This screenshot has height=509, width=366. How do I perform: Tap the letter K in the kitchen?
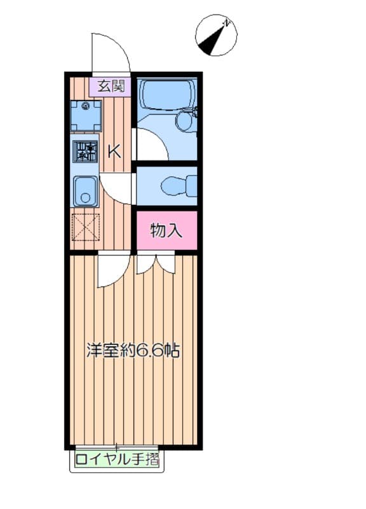point(114,151)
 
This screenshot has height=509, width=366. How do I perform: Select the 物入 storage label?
point(166,230)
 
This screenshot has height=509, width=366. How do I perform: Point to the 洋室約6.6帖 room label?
point(132,350)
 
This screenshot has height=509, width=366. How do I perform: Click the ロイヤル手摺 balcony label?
point(117,459)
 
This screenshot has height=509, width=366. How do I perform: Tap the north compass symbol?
point(213,36)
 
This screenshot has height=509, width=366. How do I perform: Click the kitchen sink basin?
point(85,192)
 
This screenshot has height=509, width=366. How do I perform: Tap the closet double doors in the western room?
point(156,262)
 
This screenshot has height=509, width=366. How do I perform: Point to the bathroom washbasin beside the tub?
point(185,120)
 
